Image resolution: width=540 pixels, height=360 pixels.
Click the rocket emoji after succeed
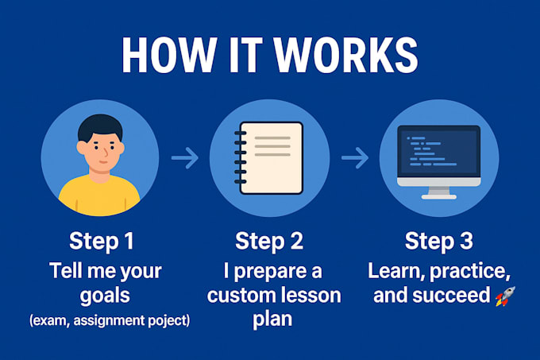[505, 296]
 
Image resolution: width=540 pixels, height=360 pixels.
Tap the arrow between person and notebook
[185, 159]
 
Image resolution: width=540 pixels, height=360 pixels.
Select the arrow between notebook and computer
[355, 159]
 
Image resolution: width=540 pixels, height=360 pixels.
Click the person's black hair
[99, 127]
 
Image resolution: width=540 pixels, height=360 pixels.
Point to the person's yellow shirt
[99, 199]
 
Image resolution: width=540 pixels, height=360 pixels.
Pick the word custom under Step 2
[241, 296]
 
